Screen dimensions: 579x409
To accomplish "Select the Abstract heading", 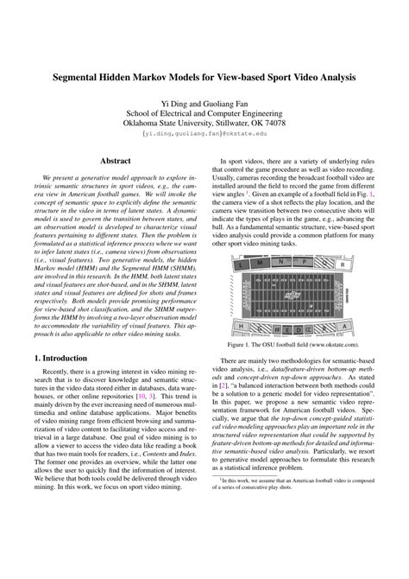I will click(116, 160).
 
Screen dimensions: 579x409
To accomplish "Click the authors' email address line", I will click(204, 135).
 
